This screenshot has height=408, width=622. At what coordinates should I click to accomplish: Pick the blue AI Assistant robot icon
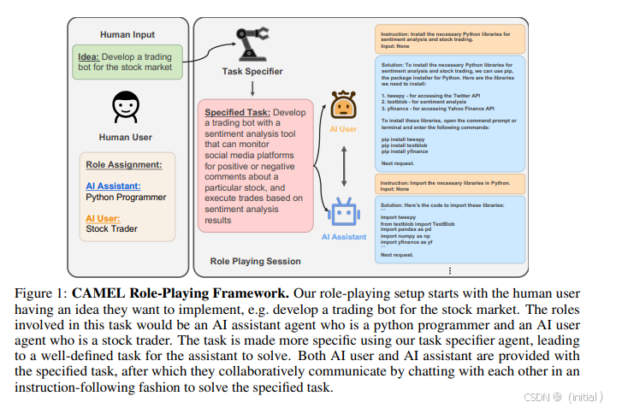(343, 214)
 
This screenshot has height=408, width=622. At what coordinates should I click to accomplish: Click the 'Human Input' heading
(127, 34)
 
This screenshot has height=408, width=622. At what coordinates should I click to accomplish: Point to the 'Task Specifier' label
(252, 73)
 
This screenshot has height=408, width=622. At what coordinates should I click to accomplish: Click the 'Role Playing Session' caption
(255, 261)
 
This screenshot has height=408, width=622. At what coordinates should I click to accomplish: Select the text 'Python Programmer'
(126, 198)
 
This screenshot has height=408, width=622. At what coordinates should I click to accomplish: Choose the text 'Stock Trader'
(112, 228)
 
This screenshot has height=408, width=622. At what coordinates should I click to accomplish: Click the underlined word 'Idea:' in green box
(92, 56)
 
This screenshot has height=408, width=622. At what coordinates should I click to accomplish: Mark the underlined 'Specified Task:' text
(237, 112)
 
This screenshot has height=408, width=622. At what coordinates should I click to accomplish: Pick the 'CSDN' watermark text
(536, 397)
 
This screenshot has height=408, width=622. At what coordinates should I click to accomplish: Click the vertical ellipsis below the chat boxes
(450, 271)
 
